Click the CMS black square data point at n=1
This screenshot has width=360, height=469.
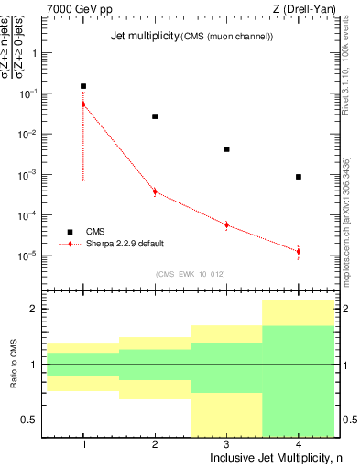[83, 86]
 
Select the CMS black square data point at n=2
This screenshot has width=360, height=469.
[155, 116]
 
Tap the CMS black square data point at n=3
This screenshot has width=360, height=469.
[226, 149]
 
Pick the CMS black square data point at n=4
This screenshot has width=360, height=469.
[299, 177]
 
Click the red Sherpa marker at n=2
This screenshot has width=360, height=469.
[155, 191]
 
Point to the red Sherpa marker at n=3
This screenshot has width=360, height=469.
[226, 224]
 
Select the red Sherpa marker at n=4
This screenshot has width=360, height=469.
[299, 251]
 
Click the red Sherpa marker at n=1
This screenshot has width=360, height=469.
[83, 104]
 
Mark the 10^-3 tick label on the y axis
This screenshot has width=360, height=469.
[27, 174]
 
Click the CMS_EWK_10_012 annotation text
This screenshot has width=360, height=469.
[190, 274]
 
